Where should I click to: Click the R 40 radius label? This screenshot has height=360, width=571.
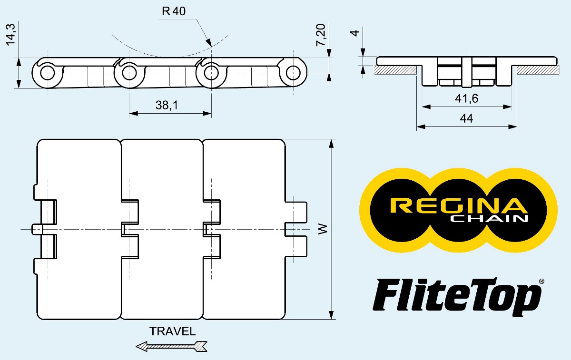point(173,12)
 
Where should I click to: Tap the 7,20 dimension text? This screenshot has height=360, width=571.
point(321,36)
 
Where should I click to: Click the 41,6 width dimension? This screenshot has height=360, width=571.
point(467,99)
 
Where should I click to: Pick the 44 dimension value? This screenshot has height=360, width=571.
point(467,118)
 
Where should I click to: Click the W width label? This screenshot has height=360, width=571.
point(323,229)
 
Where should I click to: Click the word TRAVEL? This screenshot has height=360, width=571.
point(172,331)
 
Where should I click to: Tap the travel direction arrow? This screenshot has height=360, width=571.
point(172,347)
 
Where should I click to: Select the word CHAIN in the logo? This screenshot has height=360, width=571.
point(490,219)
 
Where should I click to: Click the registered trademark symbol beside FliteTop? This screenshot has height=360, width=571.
point(541,282)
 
